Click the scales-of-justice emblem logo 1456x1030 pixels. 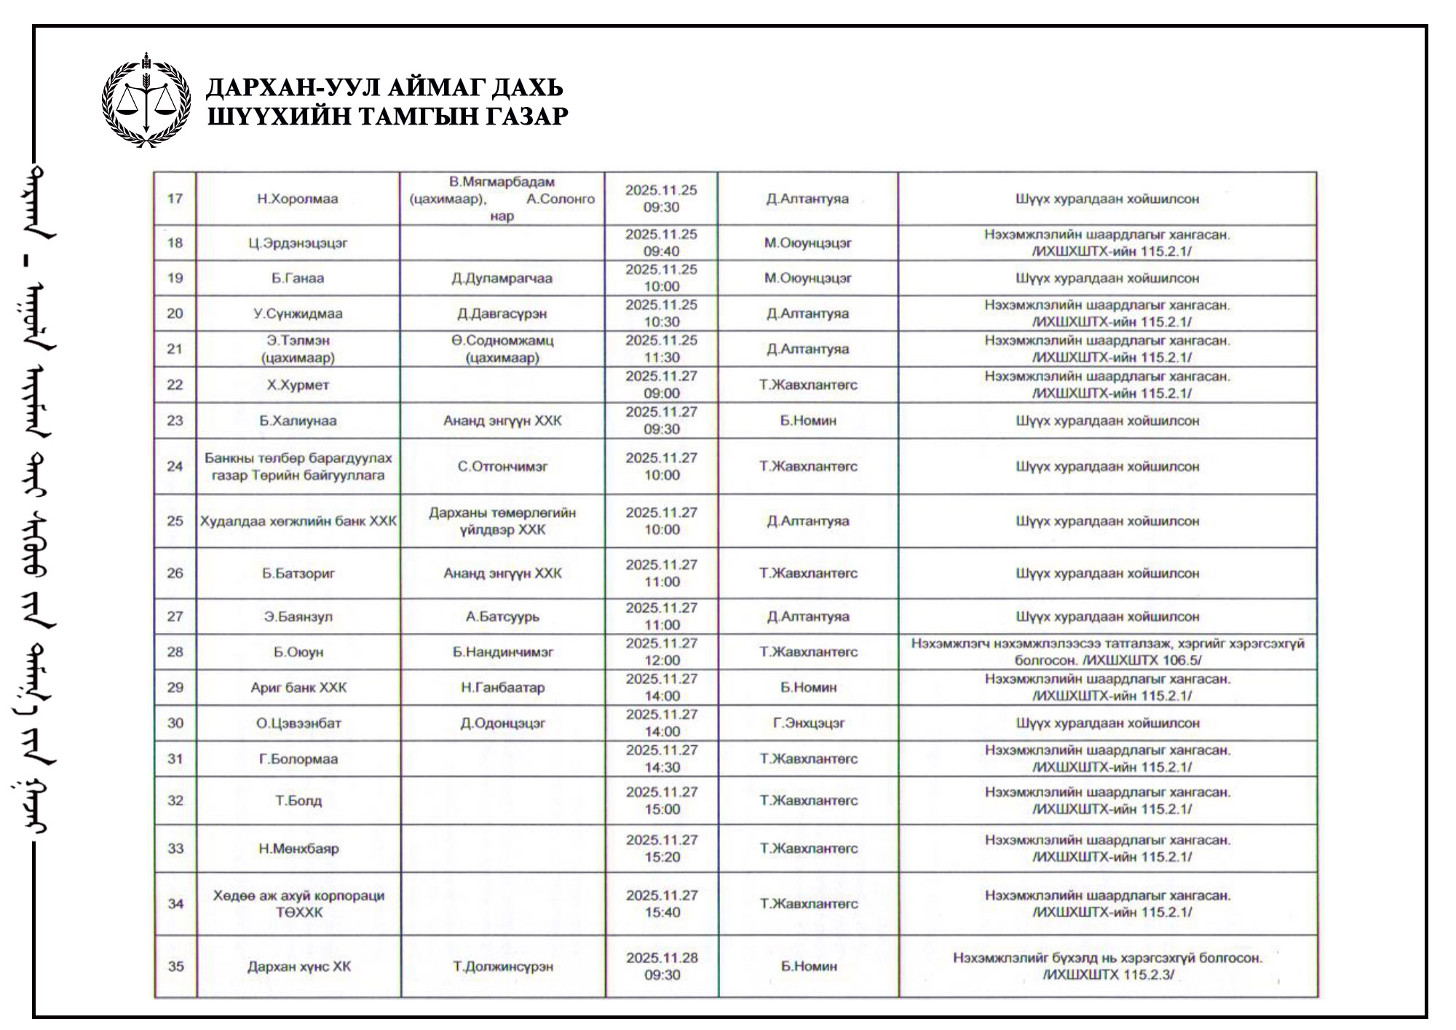(x=146, y=101)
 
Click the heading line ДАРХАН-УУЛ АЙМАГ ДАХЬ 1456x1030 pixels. (x=384, y=87)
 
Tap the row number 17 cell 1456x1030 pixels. (x=175, y=199)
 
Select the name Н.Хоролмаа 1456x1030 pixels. (x=297, y=199)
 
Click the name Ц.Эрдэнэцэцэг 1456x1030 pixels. (x=297, y=243)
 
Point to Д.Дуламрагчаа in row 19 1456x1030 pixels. (x=502, y=278)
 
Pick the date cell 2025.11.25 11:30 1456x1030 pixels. (x=661, y=349)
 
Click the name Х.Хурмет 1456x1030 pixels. (x=297, y=385)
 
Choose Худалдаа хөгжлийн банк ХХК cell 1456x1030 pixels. (x=298, y=522)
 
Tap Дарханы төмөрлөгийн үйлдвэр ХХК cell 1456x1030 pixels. (x=502, y=522)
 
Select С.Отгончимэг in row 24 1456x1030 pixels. (x=502, y=466)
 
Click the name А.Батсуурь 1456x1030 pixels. (x=502, y=616)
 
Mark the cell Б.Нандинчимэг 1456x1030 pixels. (x=502, y=652)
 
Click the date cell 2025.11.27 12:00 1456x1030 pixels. (x=662, y=652)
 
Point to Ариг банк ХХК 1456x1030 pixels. (x=298, y=688)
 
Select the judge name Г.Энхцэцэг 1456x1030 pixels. (x=808, y=723)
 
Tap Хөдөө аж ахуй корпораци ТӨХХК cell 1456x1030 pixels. (x=298, y=904)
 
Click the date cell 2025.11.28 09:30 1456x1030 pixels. (x=662, y=967)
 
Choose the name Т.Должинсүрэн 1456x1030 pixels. (x=502, y=967)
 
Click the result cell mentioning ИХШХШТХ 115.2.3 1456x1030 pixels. (x=1107, y=967)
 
